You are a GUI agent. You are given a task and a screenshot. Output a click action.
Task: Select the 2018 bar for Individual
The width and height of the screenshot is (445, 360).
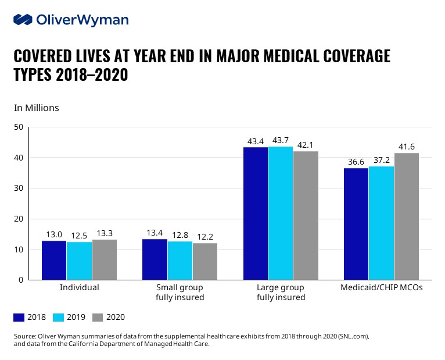point(53,260)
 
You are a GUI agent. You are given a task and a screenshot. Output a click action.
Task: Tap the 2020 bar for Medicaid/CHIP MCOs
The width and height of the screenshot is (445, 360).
point(406,216)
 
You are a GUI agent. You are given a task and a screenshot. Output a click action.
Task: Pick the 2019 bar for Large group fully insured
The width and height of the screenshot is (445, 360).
point(281,213)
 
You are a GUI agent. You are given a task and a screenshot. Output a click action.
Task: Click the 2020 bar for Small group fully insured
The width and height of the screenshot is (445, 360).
point(205,261)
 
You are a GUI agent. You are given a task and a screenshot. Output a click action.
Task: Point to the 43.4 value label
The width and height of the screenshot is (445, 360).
point(256,142)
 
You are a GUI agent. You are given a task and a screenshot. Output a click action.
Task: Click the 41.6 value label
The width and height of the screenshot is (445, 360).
point(406,147)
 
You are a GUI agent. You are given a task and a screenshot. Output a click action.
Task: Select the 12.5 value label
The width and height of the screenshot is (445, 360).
point(78,236)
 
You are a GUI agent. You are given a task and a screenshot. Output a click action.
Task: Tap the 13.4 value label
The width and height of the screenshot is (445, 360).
point(155,233)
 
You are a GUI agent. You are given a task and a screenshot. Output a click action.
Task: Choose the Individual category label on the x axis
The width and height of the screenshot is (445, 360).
point(79,287)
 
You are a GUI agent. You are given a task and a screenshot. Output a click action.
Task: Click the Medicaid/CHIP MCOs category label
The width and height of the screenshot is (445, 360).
point(381,287)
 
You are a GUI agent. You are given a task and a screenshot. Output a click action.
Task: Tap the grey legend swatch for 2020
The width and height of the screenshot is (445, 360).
point(98,318)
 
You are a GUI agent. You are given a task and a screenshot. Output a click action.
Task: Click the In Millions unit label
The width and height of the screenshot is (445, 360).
point(36,108)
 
